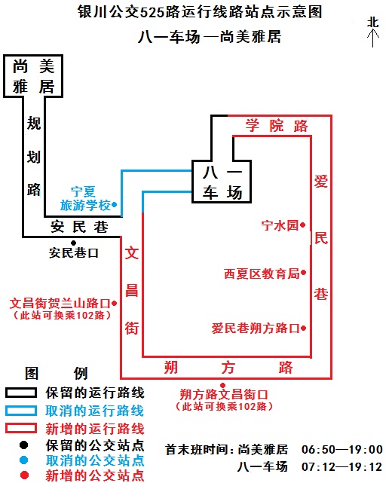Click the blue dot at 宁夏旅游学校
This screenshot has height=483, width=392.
point(115,204)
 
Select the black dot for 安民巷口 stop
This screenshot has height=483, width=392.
point(73,243)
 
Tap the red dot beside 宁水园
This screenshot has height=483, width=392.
point(302,225)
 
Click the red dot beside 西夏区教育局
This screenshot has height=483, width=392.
point(303,272)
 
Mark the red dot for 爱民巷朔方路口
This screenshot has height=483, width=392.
point(303,328)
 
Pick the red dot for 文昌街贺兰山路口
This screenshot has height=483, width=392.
point(114,303)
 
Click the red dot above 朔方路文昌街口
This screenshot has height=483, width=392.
point(223,385)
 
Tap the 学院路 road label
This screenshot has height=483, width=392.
point(277,126)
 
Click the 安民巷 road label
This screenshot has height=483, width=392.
point(79,227)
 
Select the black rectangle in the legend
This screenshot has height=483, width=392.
point(20,393)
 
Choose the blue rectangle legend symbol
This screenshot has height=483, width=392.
point(20,411)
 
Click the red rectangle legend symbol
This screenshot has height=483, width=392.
point(20,428)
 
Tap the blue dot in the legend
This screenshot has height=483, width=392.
point(23,460)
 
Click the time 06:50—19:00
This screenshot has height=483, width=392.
point(342,449)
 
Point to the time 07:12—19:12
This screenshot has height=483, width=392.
point(342,466)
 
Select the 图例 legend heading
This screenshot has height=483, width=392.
point(57,373)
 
